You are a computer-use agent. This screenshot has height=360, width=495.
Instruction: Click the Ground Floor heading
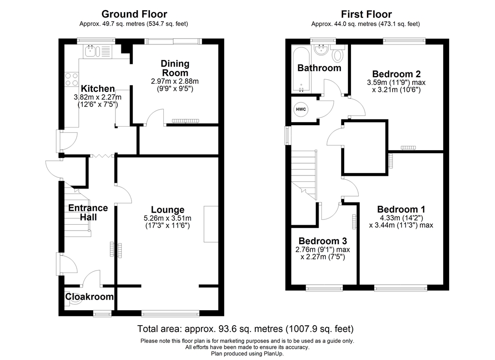coord(134,14)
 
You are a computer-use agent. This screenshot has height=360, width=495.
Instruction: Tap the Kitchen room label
coord(98,89)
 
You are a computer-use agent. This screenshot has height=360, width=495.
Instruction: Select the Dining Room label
coord(175,68)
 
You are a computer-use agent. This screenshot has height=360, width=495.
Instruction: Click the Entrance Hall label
coord(87,213)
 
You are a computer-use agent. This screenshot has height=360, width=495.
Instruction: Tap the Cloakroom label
coord(89,297)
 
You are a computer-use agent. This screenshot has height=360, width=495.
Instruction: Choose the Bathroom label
coord(319,68)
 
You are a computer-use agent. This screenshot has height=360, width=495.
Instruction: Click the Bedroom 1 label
coord(401,209)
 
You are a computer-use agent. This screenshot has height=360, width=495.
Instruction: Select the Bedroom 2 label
coord(396,74)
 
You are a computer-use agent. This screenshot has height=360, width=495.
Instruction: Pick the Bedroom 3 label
coord(322,241)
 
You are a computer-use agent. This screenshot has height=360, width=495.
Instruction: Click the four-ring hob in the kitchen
coord(72,79)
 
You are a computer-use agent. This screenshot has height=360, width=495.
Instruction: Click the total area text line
coord(246,329)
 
